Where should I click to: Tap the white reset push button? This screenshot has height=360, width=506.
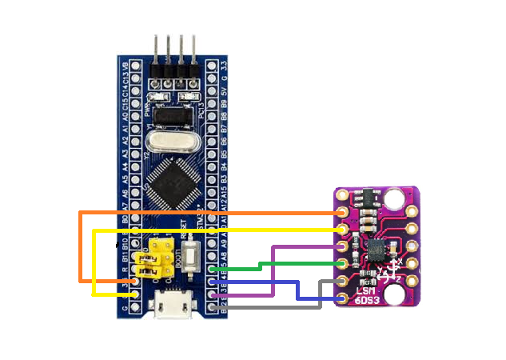(x=190, y=255)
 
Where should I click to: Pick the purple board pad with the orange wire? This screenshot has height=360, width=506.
(x=345, y=213)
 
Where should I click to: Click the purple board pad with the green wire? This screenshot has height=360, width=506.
(x=345, y=264)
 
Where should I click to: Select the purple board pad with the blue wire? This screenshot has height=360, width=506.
(x=345, y=298)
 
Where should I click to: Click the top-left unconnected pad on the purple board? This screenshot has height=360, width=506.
(x=345, y=196)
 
